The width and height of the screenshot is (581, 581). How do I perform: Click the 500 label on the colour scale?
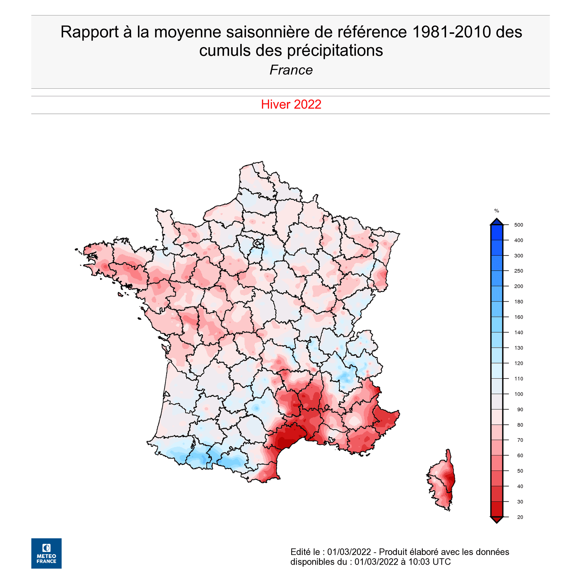click(518, 225)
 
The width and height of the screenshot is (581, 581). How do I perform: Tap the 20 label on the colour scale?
click(520, 517)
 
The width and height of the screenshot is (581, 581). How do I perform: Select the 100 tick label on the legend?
click(518, 394)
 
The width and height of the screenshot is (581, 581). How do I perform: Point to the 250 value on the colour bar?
click(518, 271)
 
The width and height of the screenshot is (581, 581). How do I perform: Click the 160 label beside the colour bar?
click(518, 317)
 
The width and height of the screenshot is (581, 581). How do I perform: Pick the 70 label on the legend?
click(520, 440)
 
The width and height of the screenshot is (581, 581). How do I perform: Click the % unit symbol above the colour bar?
click(497, 211)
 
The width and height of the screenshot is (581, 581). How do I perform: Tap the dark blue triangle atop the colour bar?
click(497, 222)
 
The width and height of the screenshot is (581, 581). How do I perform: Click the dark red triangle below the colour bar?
click(497, 520)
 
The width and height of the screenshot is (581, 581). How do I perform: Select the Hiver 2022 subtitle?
click(291, 104)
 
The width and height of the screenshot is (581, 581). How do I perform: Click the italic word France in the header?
click(291, 70)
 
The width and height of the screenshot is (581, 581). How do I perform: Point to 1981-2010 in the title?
click(451, 32)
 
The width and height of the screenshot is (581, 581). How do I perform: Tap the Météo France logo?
click(46, 553)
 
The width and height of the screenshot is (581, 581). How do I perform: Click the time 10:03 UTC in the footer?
click(429, 562)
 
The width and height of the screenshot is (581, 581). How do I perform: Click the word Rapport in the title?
click(90, 32)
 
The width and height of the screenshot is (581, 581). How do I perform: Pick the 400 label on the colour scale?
click(518, 240)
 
